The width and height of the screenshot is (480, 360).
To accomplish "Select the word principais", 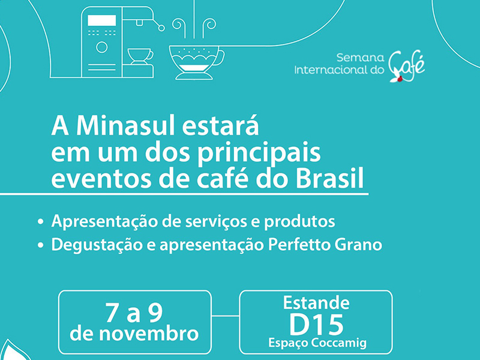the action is pyautogui.click(x=259, y=153).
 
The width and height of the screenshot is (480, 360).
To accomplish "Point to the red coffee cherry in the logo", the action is pyautogui.click(x=399, y=80).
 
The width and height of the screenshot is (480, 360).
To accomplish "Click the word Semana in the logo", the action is pyautogui.click(x=361, y=58).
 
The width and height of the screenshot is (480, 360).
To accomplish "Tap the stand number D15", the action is pyautogui.click(x=316, y=325).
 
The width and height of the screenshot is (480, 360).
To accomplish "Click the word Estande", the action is pyautogui.click(x=316, y=303).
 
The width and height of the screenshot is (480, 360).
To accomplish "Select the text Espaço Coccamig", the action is pyautogui.click(x=317, y=343).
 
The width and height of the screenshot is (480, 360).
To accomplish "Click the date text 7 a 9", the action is pyautogui.click(x=134, y=313).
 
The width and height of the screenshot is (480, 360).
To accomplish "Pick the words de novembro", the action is pyautogui.click(x=134, y=334).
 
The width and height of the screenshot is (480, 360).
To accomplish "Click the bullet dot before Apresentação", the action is pyautogui.click(x=40, y=221).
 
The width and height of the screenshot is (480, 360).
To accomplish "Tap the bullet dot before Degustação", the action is pyautogui.click(x=40, y=245).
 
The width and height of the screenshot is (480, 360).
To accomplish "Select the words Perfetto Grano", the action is pyautogui.click(x=325, y=244).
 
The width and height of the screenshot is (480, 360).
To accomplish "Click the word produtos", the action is pyautogui.click(x=299, y=222).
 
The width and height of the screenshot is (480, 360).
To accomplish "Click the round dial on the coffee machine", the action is pyautogui.click(x=102, y=47).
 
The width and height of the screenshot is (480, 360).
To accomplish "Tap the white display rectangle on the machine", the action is pyautogui.click(x=102, y=20).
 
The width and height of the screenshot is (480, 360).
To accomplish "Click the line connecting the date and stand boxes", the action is pyautogui.click(x=226, y=316).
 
